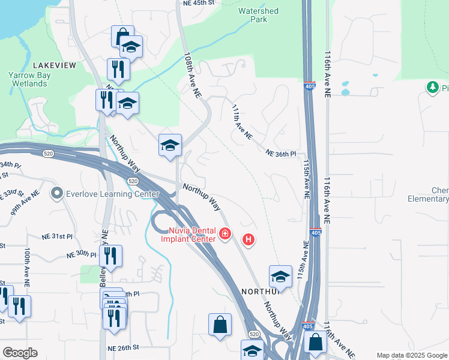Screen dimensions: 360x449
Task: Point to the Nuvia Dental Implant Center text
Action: [x=188, y=235]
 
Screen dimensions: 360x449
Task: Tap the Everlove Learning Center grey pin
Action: [x=58, y=193]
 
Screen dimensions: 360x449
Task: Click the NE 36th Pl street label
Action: [x=282, y=154]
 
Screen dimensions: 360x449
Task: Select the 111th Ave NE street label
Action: [x=242, y=124]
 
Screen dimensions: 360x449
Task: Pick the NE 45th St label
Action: [x=198, y=2]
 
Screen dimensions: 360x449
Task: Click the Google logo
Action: [x=20, y=353]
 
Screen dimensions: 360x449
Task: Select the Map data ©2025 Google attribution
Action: [x=411, y=355]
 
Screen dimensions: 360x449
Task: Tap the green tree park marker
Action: [x=432, y=88]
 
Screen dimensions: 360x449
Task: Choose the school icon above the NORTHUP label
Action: [x=280, y=276]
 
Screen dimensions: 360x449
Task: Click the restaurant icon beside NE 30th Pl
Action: [x=110, y=256]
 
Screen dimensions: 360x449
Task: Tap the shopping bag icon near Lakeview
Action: [x=122, y=35]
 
